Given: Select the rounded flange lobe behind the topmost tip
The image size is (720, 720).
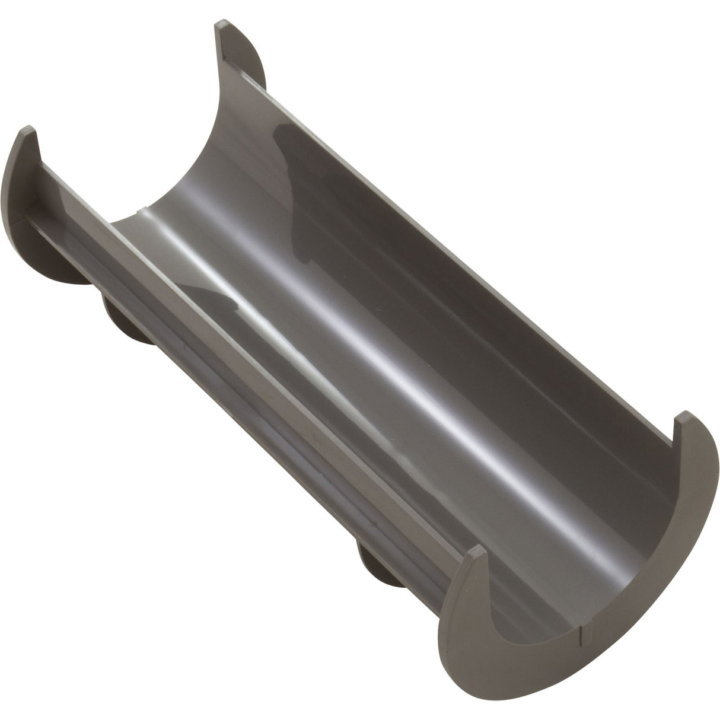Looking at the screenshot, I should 249,65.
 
